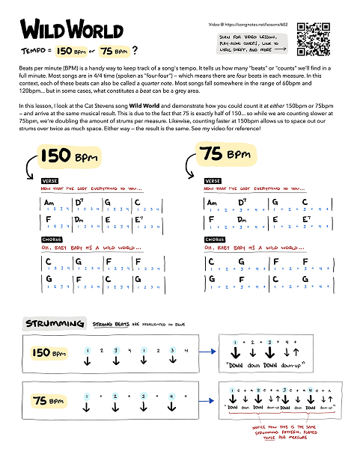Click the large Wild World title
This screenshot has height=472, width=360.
click(x=71, y=30)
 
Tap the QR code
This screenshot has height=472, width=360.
click(x=314, y=39)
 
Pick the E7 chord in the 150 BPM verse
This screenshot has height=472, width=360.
click(x=140, y=218)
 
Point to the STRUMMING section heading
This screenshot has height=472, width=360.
click(x=54, y=323)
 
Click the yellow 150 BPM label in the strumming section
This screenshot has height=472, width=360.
click(x=51, y=352)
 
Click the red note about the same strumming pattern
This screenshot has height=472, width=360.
click(x=284, y=434)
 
